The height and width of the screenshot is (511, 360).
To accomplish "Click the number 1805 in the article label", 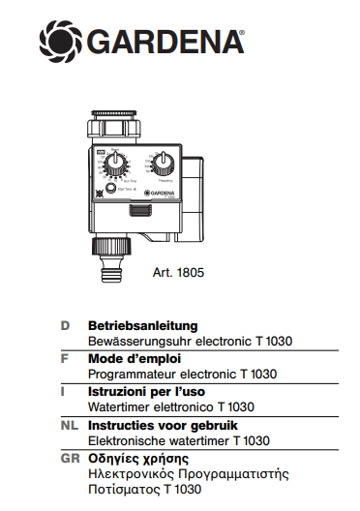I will pos(189,273).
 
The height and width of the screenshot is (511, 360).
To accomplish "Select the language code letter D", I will pos(66,325).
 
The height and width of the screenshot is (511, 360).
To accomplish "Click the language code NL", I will pos(68,425).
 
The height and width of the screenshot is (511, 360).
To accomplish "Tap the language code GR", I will pos(69,458).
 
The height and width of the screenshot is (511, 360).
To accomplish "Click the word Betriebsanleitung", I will pos(142,325).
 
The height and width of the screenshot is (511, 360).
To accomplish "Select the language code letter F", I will pos(65,358).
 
